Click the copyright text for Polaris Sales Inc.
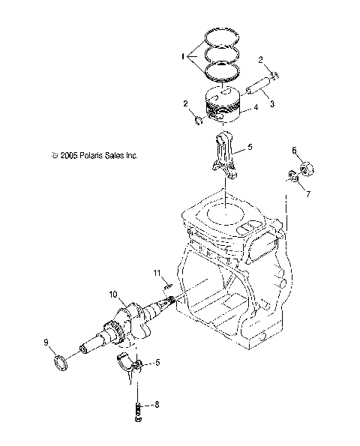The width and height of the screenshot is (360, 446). [x=94, y=156]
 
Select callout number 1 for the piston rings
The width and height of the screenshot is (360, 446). [x=181, y=55]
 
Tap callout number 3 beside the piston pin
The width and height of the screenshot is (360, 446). [x=272, y=104]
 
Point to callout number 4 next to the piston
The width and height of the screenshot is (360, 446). [x=255, y=108]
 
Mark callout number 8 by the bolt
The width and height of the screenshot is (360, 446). [x=157, y=406]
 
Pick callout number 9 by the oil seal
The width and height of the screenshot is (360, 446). [x=46, y=343]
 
